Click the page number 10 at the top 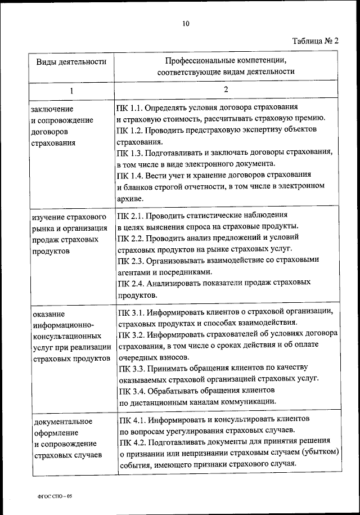[x=186, y=23]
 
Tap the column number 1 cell [x=71, y=90]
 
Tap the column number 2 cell [x=226, y=89]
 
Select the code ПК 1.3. [x=130, y=153]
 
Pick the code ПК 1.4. [x=130, y=176]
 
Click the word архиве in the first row [x=130, y=199]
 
